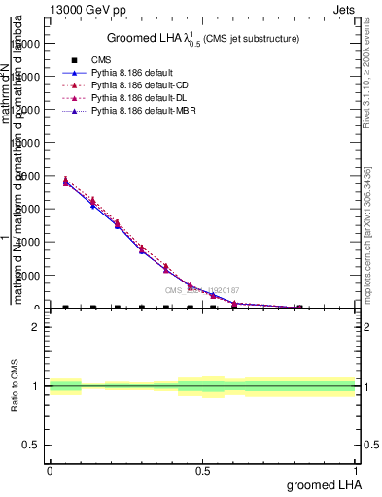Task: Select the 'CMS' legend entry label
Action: [x=116, y=60]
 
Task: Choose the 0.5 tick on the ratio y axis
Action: [x=31, y=445]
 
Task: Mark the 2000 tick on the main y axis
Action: [x=27, y=276]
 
